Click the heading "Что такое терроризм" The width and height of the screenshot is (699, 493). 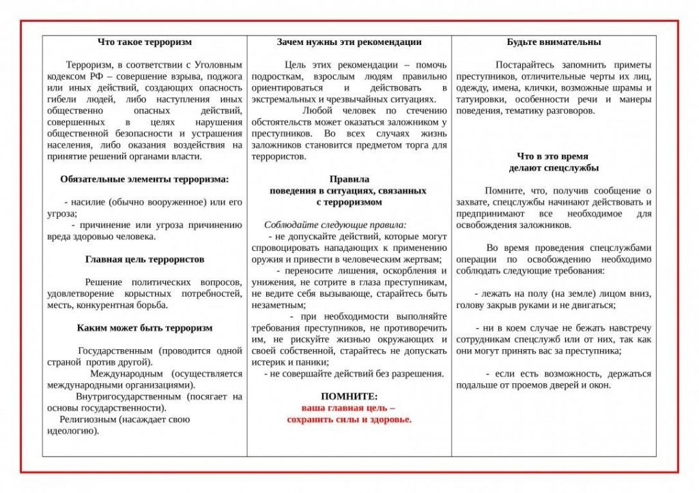(145, 42)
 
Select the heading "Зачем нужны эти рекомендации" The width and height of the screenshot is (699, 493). (349, 42)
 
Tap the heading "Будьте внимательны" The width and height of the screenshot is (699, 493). (554, 42)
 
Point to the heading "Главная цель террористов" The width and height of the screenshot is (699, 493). (145, 260)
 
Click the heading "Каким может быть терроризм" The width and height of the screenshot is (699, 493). (145, 328)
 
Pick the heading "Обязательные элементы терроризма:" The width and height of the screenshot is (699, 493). (145, 180)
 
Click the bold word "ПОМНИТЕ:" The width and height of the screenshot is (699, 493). (349, 396)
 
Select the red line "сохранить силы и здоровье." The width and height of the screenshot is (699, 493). (349, 419)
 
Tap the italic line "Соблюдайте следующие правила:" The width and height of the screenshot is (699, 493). (335, 224)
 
